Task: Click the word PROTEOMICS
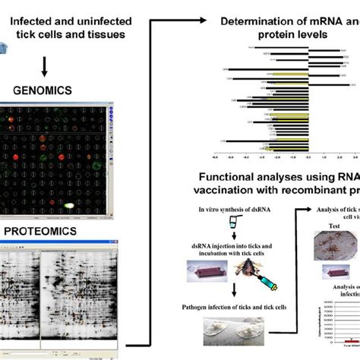43,226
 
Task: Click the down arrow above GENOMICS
46,67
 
